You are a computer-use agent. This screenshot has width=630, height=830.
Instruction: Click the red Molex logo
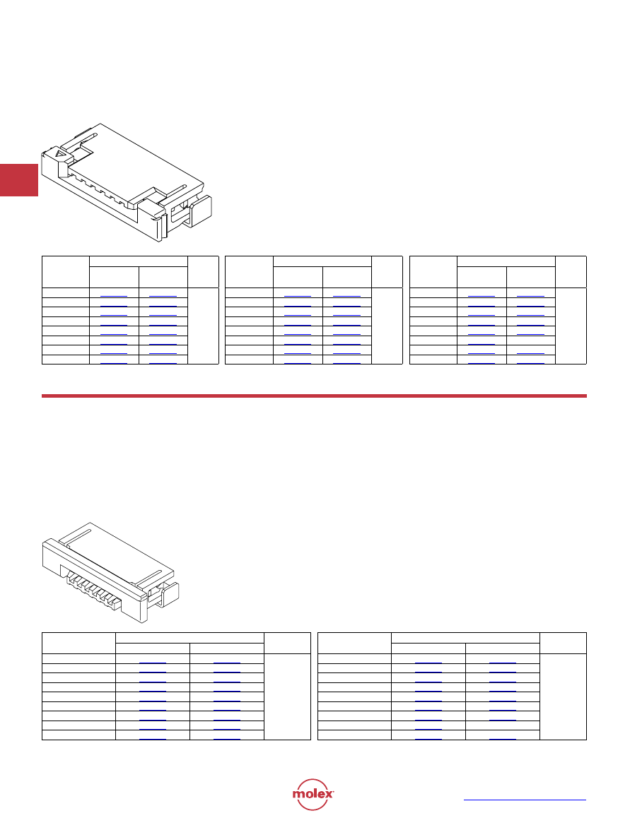pos(313,794)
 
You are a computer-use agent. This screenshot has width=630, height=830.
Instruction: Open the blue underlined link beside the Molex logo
pos(525,800)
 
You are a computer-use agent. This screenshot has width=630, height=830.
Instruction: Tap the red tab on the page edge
pos(19,180)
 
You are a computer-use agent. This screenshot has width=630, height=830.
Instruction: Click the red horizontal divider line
pos(314,396)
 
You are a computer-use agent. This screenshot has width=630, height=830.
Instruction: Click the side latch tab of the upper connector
pos(199,211)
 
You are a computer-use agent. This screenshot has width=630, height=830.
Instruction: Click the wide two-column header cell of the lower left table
pos(189,638)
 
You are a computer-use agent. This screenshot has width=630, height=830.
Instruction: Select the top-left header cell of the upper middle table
pos(249,272)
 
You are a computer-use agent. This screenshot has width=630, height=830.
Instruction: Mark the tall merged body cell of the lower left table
pos(287,696)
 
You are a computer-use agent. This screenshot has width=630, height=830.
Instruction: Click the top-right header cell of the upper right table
pos(571,272)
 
